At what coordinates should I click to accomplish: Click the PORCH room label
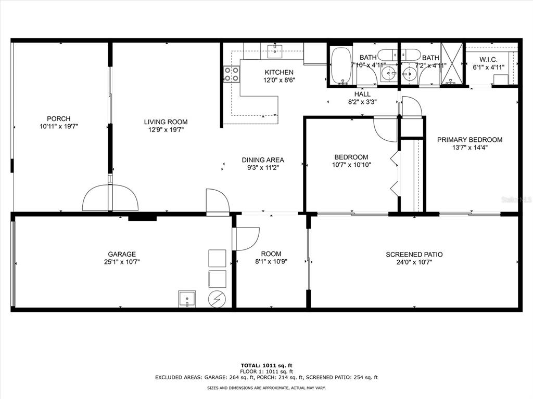pyautogui.click(x=59, y=118)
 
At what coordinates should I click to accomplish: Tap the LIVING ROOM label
pyautogui.click(x=166, y=122)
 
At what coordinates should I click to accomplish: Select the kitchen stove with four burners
pyautogui.click(x=231, y=74)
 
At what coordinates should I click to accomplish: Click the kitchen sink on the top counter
pyautogui.click(x=275, y=51)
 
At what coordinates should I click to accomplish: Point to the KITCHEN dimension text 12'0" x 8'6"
pyautogui.click(x=279, y=80)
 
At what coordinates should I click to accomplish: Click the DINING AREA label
pyautogui.click(x=263, y=160)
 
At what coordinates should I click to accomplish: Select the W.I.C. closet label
pyautogui.click(x=488, y=60)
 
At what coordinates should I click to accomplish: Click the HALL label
pyautogui.click(x=362, y=94)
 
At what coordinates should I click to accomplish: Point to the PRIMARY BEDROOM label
pyautogui.click(x=469, y=139)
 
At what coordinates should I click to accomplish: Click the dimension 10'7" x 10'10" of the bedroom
pyautogui.click(x=351, y=165)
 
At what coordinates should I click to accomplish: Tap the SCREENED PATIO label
pyautogui.click(x=414, y=255)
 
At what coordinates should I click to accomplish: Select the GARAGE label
pyautogui.click(x=122, y=254)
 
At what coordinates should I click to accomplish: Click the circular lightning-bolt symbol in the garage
pyautogui.click(x=217, y=299)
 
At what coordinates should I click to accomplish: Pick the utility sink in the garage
pyautogui.click(x=187, y=299)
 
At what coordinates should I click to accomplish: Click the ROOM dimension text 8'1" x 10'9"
pyautogui.click(x=271, y=262)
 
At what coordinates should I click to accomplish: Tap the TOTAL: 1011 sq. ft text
pyautogui.click(x=266, y=365)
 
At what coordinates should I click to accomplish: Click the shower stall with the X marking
pyautogui.click(x=452, y=63)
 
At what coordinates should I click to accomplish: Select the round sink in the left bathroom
pyautogui.click(x=388, y=73)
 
